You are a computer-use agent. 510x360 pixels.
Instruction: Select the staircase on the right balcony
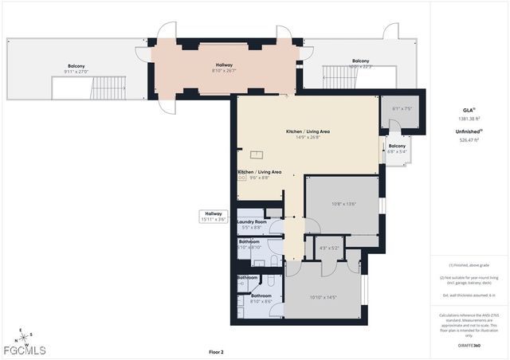tap(335, 77)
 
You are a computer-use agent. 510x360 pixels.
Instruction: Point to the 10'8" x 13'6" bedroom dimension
tap(343, 204)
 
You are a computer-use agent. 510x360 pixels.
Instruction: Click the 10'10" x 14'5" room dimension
tap(324, 297)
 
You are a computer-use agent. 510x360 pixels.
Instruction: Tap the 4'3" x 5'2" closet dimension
tap(329, 248)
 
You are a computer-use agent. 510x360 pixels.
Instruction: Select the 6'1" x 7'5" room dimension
tap(402, 109)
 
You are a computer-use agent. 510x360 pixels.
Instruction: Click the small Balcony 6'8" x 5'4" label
tap(396, 148)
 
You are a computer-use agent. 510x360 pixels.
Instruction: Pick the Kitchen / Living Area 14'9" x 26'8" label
tap(308, 134)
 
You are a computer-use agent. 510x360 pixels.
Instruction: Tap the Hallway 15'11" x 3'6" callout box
tap(214, 215)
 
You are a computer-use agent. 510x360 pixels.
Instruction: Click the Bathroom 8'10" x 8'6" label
tap(261, 298)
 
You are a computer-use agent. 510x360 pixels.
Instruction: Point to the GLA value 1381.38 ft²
tap(469, 119)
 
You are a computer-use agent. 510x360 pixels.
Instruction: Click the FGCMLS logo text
tap(26, 350)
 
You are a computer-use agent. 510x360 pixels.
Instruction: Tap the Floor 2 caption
tap(216, 351)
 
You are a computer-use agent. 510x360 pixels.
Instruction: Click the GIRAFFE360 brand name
tap(469, 346)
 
